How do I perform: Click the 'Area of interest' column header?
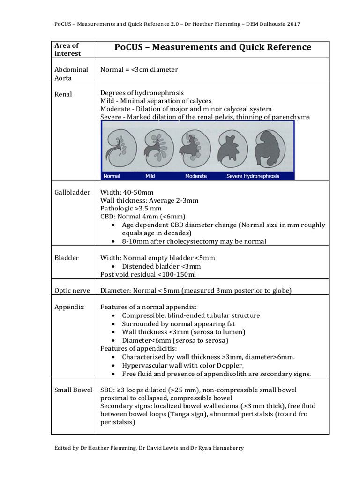67,49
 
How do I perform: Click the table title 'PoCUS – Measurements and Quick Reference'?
213,47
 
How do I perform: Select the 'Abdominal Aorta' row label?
71,74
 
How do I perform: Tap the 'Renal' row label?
63,94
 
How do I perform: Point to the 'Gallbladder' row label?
73,192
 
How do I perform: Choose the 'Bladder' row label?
67,258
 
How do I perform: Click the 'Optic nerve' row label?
73,291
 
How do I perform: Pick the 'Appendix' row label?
69,307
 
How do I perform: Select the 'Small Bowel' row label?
74,390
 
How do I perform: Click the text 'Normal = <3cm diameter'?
139,70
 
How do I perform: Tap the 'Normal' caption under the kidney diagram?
112,176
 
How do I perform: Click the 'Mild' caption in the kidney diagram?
150,176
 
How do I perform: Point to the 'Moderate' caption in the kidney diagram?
195,176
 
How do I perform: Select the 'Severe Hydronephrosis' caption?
253,176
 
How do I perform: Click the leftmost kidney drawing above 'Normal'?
120,148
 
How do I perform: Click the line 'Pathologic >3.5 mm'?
131,209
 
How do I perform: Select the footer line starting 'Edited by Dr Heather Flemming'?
149,448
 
